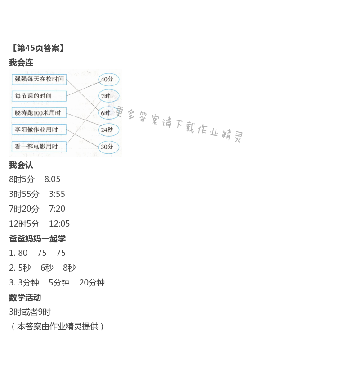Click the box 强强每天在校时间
click(39, 79)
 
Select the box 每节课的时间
click(39, 96)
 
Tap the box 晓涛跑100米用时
click(39, 112)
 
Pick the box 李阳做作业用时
click(39, 129)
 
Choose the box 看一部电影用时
click(39, 147)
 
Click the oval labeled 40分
click(108, 80)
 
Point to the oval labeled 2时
click(108, 96)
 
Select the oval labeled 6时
click(108, 113)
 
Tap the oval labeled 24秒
click(108, 130)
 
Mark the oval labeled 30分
click(108, 147)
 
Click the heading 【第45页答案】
click(38, 48)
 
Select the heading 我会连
click(21, 62)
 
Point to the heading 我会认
click(21, 165)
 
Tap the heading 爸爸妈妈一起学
click(37, 238)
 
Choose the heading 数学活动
click(25, 297)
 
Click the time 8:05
click(52, 179)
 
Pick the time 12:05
click(59, 223)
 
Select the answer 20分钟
click(92, 282)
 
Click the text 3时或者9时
click(30, 312)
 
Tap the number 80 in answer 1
click(23, 253)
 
